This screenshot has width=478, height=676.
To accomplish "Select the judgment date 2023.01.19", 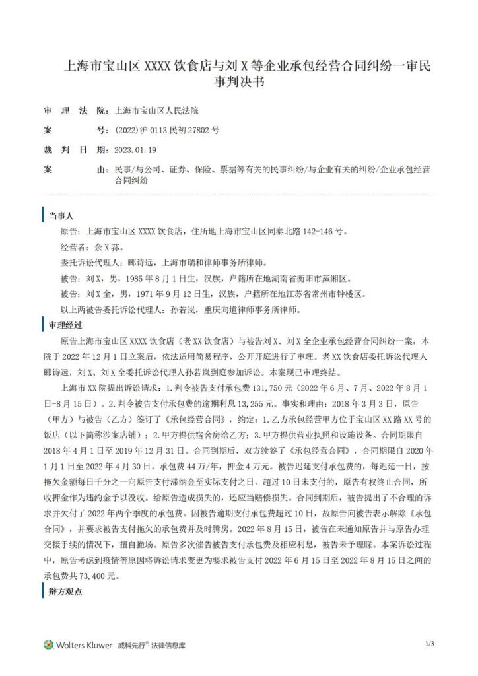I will (135, 150).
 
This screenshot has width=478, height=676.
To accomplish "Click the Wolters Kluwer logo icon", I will (48, 644).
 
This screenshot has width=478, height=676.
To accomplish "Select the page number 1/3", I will (429, 644).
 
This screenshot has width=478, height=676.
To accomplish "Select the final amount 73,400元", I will (97, 576).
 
